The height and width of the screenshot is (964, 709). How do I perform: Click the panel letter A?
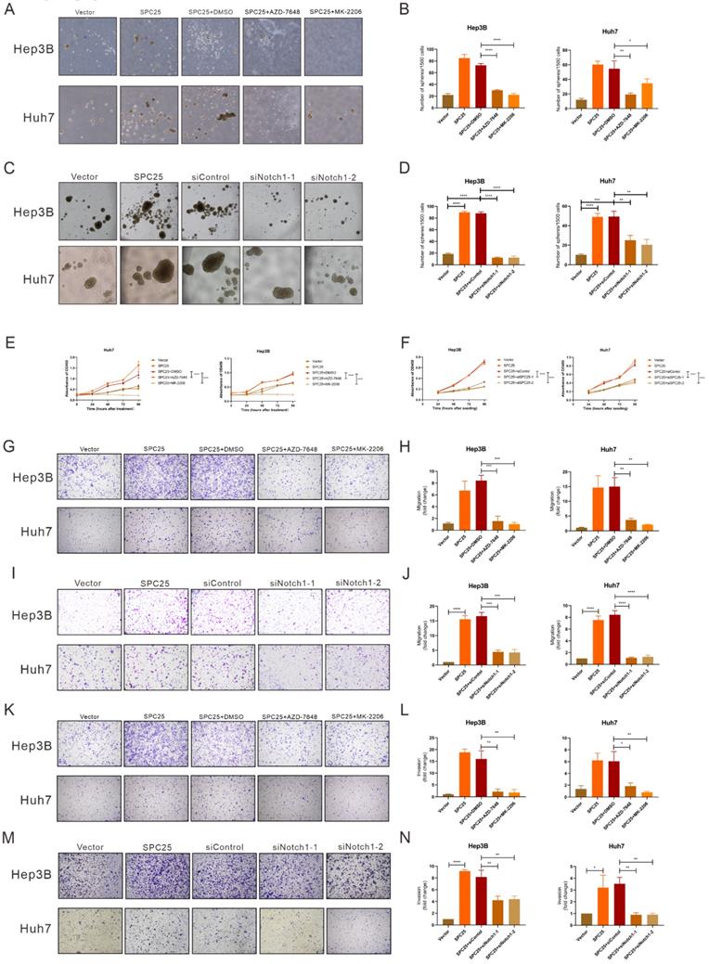9,8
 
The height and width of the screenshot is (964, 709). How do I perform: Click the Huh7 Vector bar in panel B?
582,104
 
